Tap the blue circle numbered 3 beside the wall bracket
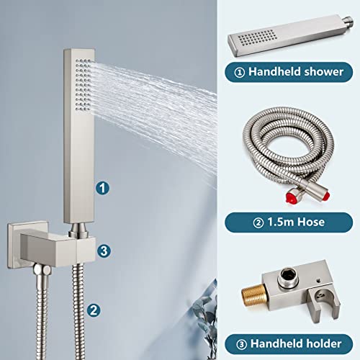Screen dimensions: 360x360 [x=104, y=251]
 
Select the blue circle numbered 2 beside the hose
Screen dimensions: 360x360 [x=94, y=310]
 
